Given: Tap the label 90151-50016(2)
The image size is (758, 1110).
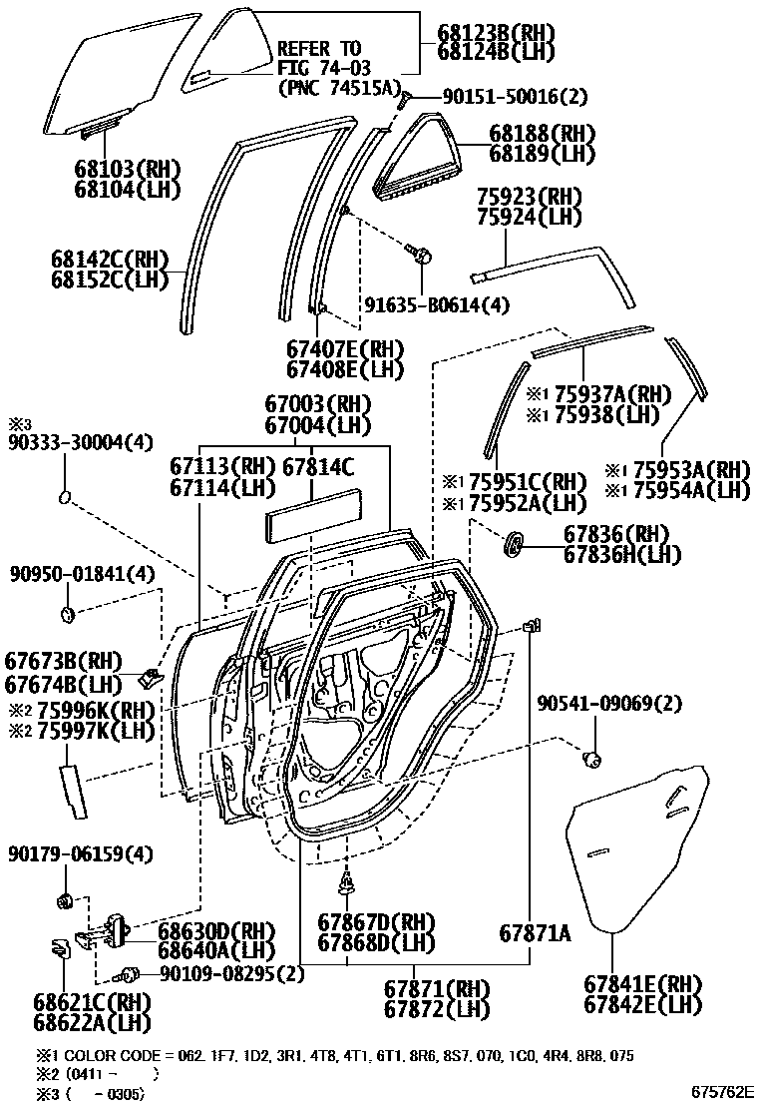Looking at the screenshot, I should [x=502, y=97].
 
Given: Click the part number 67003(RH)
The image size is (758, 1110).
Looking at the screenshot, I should [x=317, y=404].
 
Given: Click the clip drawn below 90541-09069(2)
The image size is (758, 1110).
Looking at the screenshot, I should [x=592, y=761].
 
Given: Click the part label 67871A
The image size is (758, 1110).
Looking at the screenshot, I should [x=535, y=933].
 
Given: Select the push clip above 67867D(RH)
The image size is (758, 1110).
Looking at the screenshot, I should [x=346, y=881].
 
